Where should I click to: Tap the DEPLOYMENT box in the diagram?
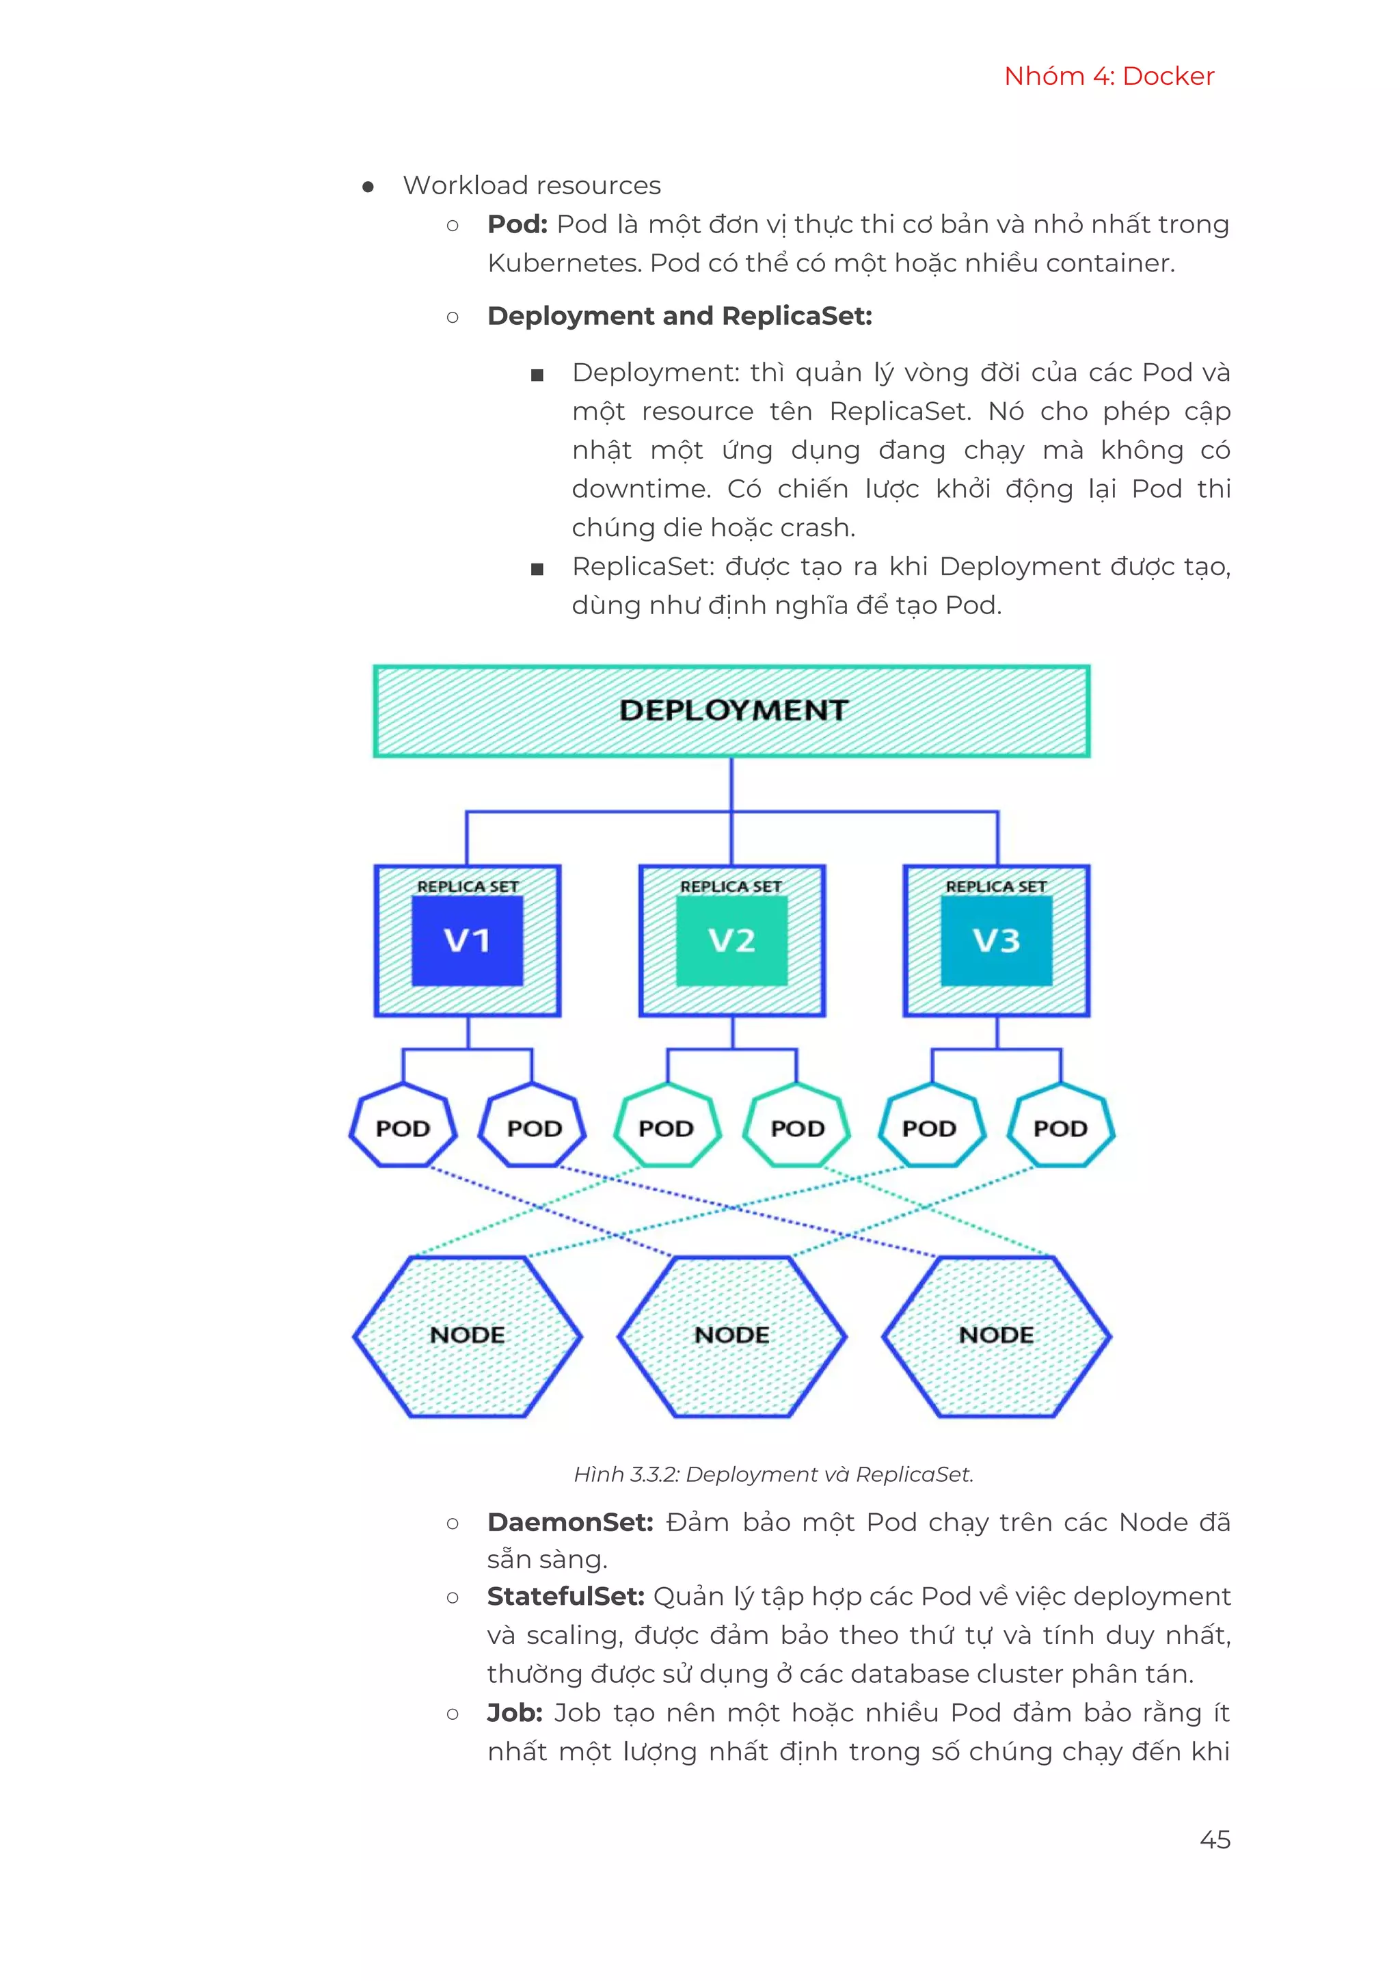click(x=731, y=711)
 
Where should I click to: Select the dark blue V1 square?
click(x=467, y=940)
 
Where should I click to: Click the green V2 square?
click(x=731, y=940)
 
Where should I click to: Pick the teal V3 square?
click(x=996, y=940)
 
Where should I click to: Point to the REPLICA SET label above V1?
click(x=468, y=886)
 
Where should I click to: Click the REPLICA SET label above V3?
click(x=996, y=886)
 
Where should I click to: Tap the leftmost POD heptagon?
click(x=403, y=1127)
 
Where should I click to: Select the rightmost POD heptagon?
click(x=1061, y=1127)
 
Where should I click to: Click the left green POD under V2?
click(x=666, y=1127)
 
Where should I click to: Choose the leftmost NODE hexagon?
click(x=468, y=1335)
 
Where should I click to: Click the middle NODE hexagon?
click(x=731, y=1335)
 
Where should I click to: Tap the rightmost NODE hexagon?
click(x=996, y=1335)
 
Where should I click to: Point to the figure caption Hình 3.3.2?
click(x=773, y=1474)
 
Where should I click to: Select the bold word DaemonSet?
click(x=570, y=1522)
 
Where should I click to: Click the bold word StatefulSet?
click(x=566, y=1596)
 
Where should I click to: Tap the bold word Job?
click(x=514, y=1713)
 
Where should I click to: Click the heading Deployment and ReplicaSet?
click(x=679, y=316)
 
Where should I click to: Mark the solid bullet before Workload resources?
click(x=368, y=187)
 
